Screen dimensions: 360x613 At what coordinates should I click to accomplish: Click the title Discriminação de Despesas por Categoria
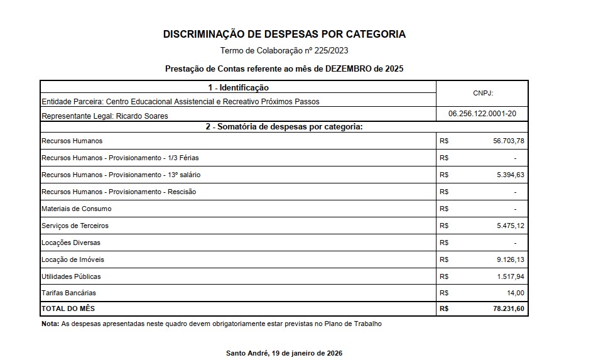click(285, 35)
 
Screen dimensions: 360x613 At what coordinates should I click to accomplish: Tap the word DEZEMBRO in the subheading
click(349, 68)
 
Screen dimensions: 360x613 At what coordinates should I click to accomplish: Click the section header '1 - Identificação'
click(238, 87)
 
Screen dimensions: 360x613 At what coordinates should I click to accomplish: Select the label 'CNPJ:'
click(482, 93)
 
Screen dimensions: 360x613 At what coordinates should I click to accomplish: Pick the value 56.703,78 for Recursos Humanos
click(509, 141)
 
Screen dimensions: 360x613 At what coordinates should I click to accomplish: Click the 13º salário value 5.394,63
click(510, 175)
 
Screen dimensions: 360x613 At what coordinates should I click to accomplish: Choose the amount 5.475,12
click(510, 226)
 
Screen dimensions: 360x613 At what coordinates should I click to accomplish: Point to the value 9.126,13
click(510, 259)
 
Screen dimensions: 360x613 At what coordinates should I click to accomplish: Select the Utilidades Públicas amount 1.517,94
click(510, 276)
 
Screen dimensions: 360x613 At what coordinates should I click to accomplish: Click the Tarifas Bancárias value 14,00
click(516, 293)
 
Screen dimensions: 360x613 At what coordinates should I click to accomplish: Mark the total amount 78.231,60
click(508, 309)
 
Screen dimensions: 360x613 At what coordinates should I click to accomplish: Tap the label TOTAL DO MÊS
click(68, 309)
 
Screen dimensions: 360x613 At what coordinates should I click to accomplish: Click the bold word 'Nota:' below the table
click(50, 324)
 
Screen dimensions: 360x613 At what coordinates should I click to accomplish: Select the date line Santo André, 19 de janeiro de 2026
click(284, 353)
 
